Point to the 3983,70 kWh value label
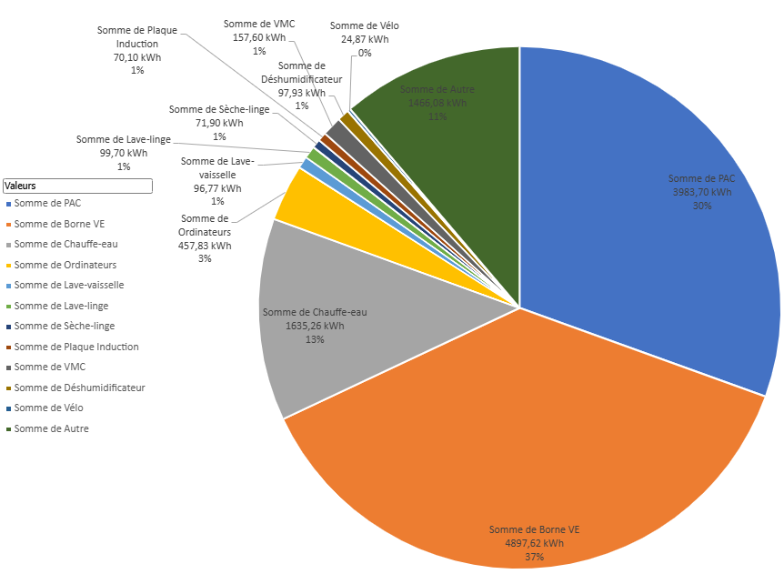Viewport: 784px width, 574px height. pyautogui.click(x=701, y=192)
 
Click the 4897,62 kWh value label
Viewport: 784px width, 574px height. pyautogui.click(x=534, y=543)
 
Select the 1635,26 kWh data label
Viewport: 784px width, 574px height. pyautogui.click(x=315, y=326)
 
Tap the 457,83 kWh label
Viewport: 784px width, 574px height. pyautogui.click(x=205, y=245)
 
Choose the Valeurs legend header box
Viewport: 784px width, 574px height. pyautogui.click(x=77, y=186)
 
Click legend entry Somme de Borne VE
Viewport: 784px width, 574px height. pyautogui.click(x=59, y=223)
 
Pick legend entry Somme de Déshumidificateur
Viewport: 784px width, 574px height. pyautogui.click(x=79, y=388)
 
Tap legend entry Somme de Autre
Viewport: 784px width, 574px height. pyautogui.click(x=51, y=428)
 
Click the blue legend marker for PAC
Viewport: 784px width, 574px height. pyautogui.click(x=8, y=203)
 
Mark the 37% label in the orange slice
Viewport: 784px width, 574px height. pyautogui.click(x=534, y=557)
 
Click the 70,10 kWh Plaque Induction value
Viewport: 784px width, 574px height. pyautogui.click(x=137, y=56)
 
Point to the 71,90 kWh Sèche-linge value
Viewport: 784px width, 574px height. pyautogui.click(x=219, y=123)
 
